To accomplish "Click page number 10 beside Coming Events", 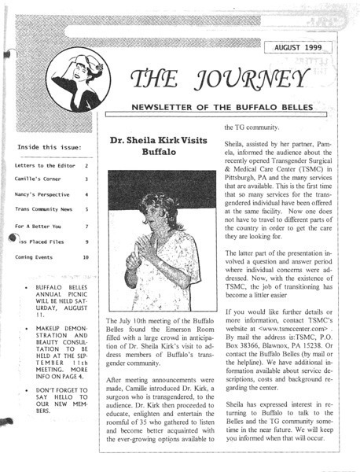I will pos(86,258).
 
